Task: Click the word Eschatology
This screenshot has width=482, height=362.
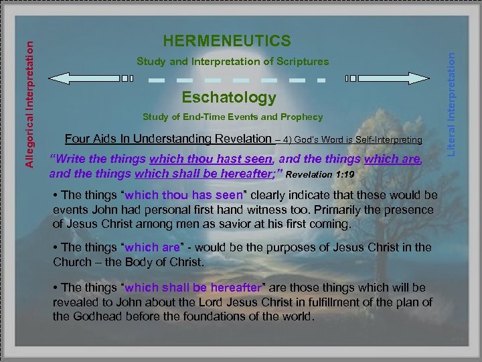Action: tap(229, 98)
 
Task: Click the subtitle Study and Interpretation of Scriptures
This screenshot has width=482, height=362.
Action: tap(232, 62)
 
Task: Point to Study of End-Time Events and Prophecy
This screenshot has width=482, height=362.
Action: tap(232, 117)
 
